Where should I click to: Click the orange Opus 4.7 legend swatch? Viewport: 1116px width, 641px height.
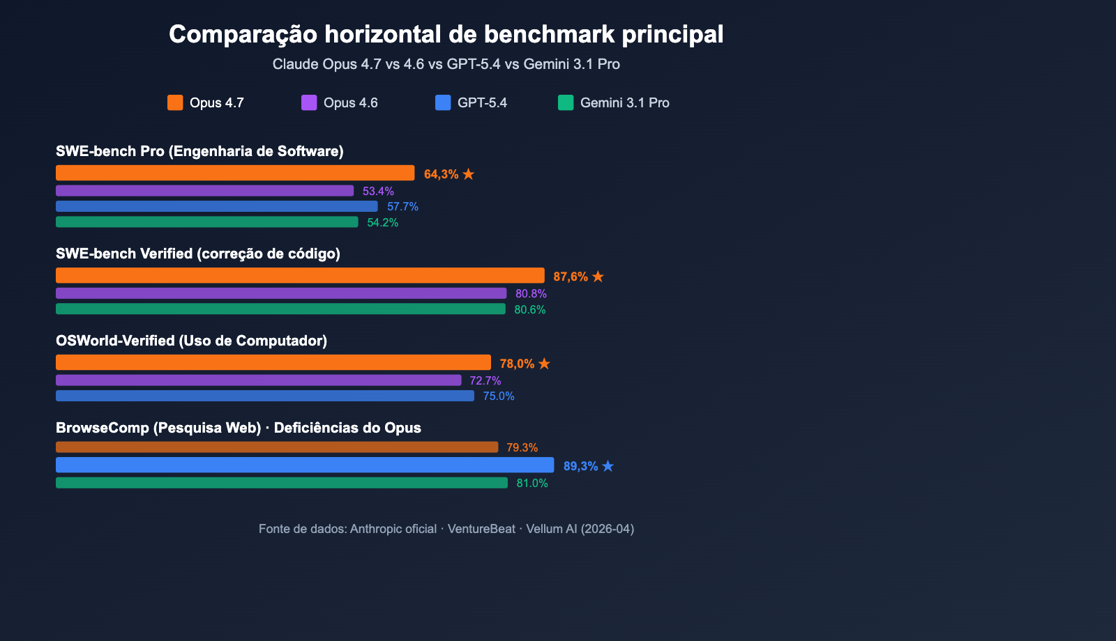pyautogui.click(x=175, y=102)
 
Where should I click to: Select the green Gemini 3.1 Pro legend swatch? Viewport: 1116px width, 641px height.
pyautogui.click(x=566, y=102)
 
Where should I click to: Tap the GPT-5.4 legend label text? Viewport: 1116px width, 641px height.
pyautogui.click(x=482, y=102)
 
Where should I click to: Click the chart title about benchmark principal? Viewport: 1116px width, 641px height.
pyautogui.click(x=446, y=34)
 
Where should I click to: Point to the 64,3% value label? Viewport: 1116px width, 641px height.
pyautogui.click(x=441, y=174)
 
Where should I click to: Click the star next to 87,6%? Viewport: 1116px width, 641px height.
pyautogui.click(x=598, y=277)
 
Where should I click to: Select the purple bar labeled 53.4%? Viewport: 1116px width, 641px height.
pyautogui.click(x=204, y=191)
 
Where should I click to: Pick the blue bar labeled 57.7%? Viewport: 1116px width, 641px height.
pyautogui.click(x=216, y=206)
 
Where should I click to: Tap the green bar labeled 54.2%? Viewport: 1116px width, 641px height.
pyautogui.click(x=206, y=222)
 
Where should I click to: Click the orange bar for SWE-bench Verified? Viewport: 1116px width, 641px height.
pyautogui.click(x=300, y=275)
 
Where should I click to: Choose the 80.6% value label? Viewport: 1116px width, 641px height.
pyautogui.click(x=530, y=309)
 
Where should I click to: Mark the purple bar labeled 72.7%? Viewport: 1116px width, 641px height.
pyautogui.click(x=258, y=380)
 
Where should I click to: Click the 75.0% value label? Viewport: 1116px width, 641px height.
pyautogui.click(x=499, y=396)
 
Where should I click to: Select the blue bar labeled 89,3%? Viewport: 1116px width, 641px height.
pyautogui.click(x=305, y=465)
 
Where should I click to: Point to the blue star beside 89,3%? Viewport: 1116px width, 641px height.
pyautogui.click(x=608, y=466)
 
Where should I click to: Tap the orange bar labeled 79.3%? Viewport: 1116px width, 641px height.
pyautogui.click(x=277, y=447)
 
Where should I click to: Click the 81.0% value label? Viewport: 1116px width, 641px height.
pyautogui.click(x=532, y=483)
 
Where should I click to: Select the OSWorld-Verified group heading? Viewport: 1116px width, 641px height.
pyautogui.click(x=191, y=341)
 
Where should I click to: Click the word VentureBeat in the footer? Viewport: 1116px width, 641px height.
pyautogui.click(x=481, y=529)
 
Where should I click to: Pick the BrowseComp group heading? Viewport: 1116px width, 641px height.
pyautogui.click(x=239, y=428)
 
